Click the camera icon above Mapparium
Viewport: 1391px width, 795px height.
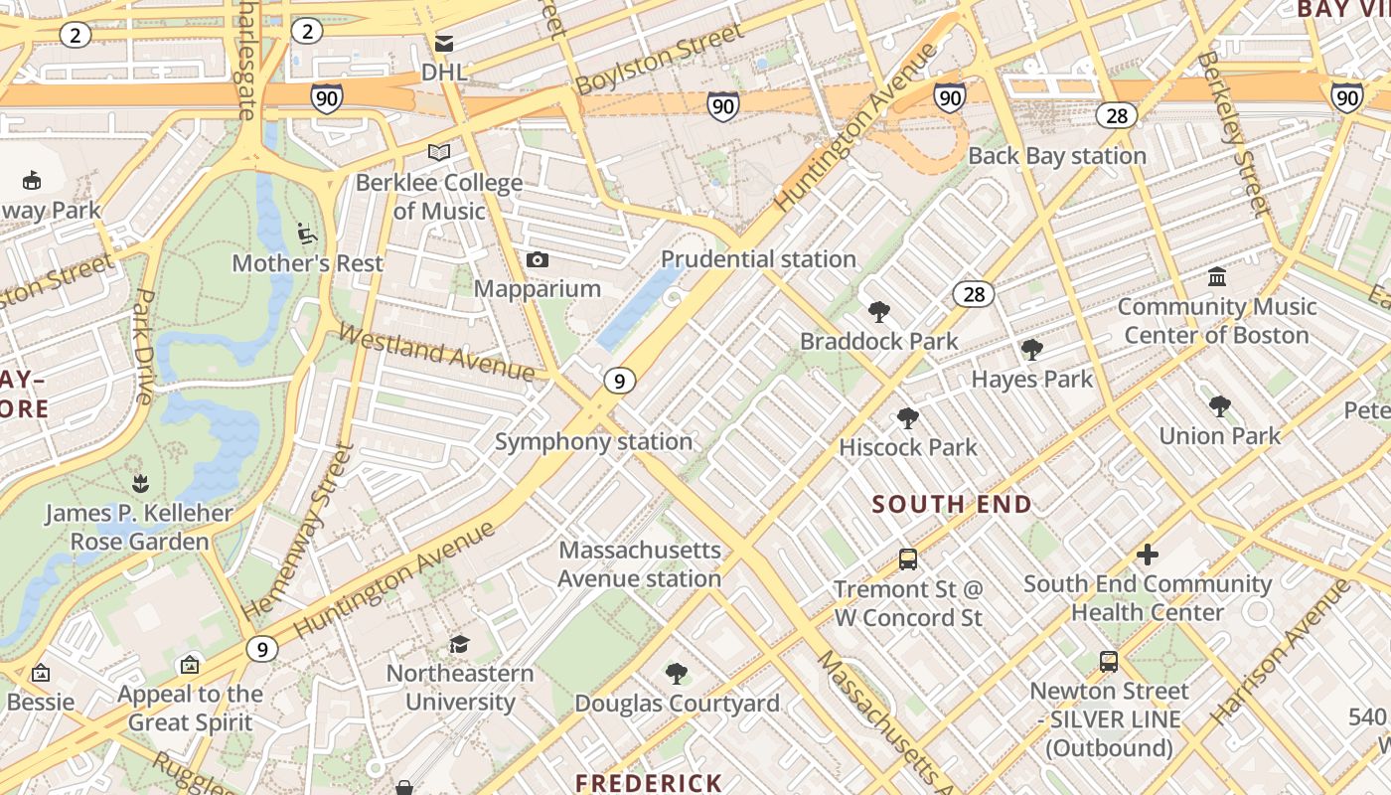pos(538,260)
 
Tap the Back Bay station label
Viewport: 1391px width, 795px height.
pos(1057,156)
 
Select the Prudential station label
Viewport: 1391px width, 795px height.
pos(758,259)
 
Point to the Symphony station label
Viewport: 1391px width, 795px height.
pos(593,442)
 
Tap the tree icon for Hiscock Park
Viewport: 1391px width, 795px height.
pos(907,418)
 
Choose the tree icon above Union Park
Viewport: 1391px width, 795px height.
pos(1220,406)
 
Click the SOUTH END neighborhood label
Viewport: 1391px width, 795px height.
pos(952,504)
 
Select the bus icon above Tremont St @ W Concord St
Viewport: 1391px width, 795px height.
pos(908,559)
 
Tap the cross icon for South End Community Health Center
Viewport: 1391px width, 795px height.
pos(1148,555)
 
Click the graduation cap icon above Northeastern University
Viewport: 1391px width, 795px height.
pos(459,645)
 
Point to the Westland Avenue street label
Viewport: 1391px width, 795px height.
pos(437,352)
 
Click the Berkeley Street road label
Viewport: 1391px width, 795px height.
pos(1233,134)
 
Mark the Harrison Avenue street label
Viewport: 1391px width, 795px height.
pos(1281,651)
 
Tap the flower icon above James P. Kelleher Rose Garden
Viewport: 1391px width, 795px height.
pos(140,484)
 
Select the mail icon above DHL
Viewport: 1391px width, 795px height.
pos(444,44)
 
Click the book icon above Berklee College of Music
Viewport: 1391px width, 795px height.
pos(439,153)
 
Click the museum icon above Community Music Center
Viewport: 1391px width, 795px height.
pos(1217,277)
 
